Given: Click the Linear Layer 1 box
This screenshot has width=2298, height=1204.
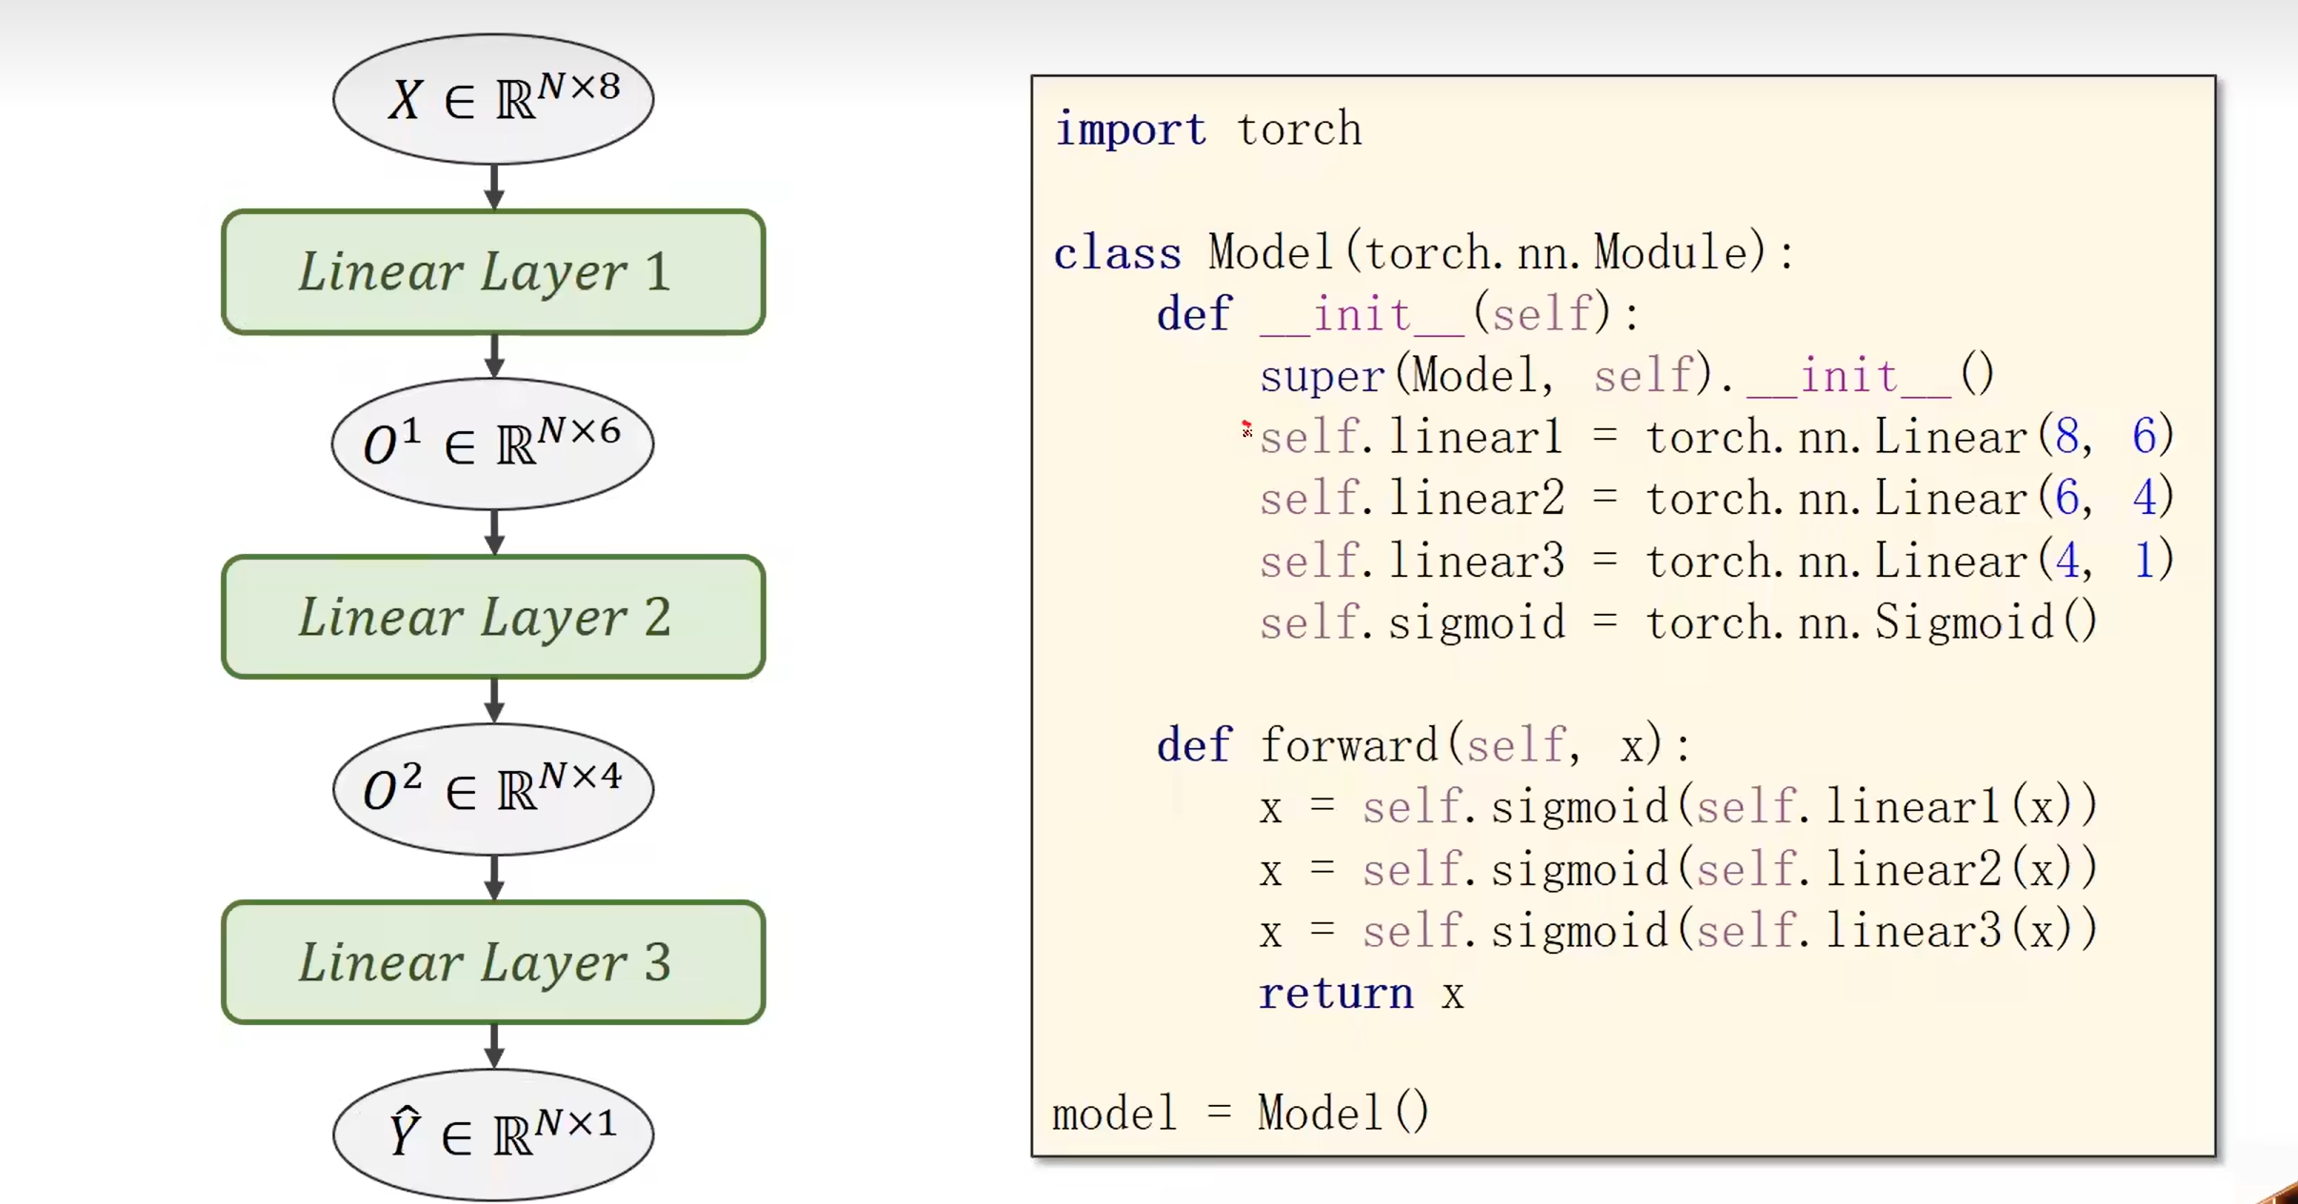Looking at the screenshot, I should click(493, 272).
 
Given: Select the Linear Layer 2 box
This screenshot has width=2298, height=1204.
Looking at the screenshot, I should click(493, 617).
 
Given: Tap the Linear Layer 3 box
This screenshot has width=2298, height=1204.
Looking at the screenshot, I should click(493, 962).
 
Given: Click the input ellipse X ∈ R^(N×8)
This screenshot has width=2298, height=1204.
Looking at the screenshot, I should click(493, 99).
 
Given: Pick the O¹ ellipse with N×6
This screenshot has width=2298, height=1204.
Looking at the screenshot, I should click(493, 444).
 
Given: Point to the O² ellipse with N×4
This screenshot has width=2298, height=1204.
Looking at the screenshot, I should click(493, 790).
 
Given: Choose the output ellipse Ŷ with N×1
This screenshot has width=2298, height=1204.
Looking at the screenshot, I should click(493, 1135).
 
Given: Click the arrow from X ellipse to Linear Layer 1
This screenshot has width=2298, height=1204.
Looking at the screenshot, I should click(493, 187).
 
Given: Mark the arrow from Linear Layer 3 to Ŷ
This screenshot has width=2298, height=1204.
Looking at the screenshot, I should click(493, 1046).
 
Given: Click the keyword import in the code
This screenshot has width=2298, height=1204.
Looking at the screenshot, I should click(1130, 130).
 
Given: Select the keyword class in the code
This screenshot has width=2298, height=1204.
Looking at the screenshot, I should click(1117, 254).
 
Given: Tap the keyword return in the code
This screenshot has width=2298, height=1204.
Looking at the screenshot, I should click(1336, 995).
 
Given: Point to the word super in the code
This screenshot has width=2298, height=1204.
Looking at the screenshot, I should click(1322, 377).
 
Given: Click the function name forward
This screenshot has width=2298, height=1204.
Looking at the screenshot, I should click(1348, 745).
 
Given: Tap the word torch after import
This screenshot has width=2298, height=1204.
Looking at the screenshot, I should click(1299, 130).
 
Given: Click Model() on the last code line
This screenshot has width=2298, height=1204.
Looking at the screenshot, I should click(1342, 1113).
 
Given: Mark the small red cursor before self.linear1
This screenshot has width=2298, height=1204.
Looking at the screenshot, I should click(1246, 429).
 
